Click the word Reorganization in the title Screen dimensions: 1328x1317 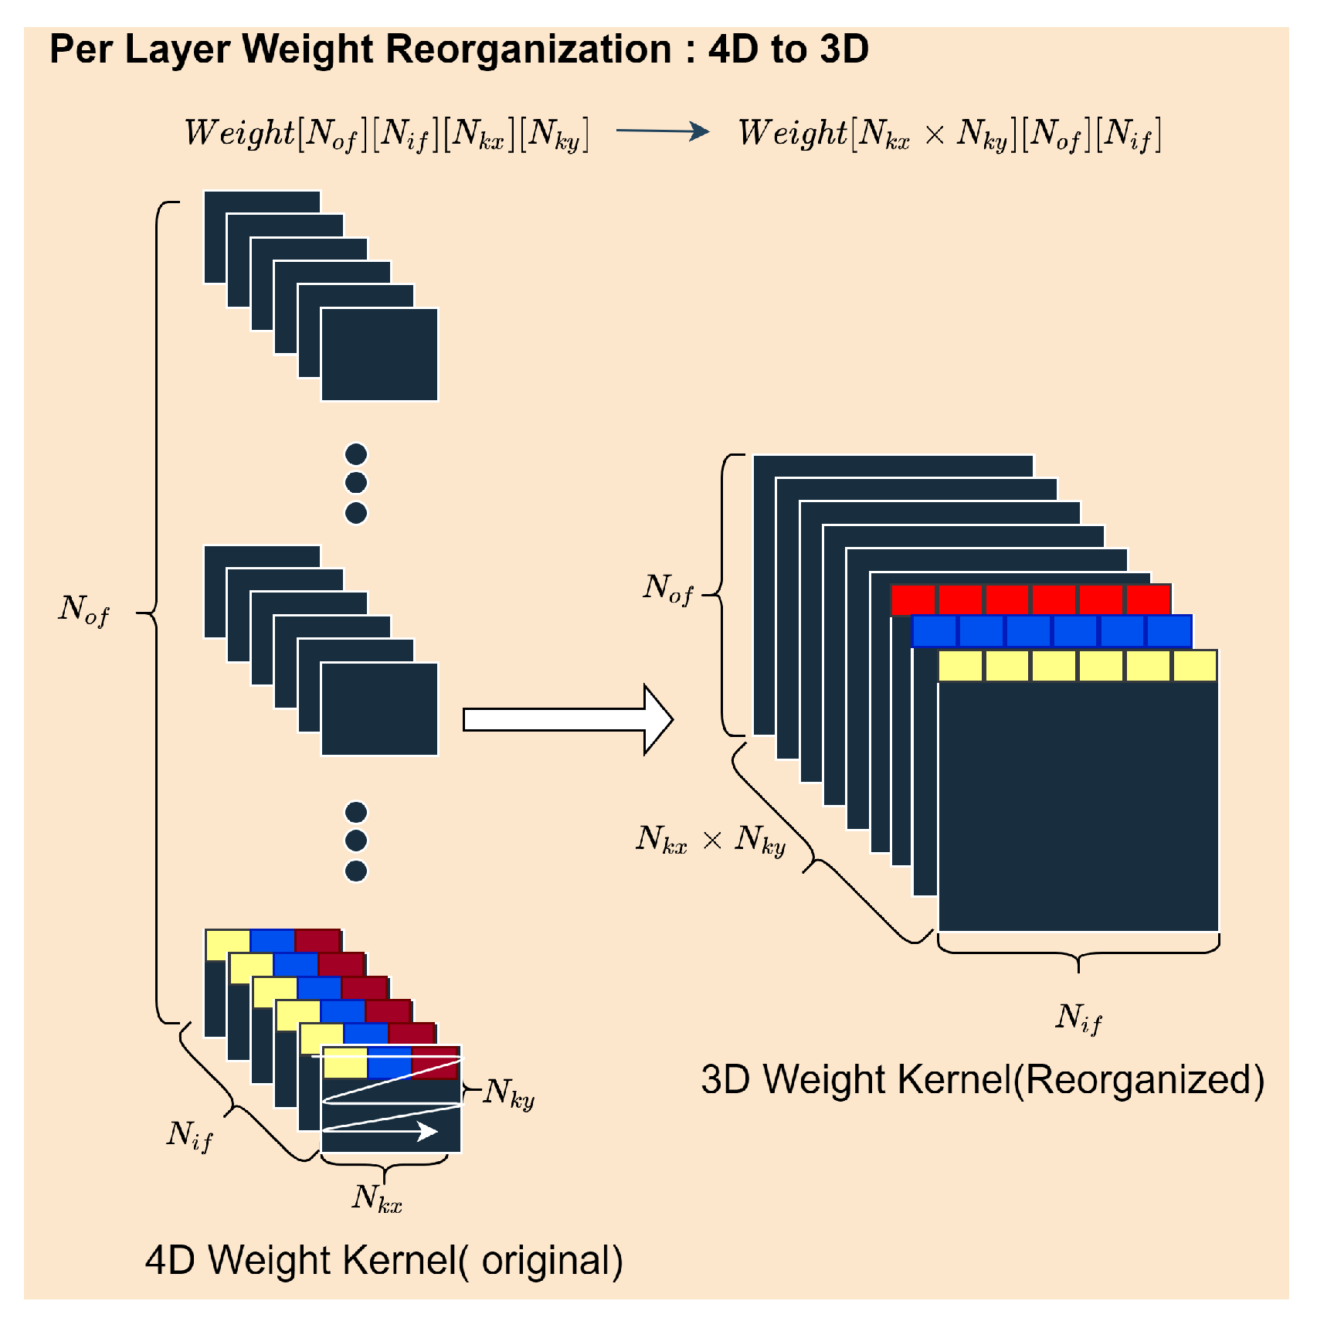pos(528,49)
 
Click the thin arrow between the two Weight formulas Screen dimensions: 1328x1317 pos(662,131)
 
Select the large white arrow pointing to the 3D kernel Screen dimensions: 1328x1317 pos(568,719)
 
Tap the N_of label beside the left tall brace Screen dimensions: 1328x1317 pos(84,610)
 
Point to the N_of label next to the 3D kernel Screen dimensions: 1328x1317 pos(668,589)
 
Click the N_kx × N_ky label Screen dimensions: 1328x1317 pos(711,841)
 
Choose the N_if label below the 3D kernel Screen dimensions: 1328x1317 pos(1078,1018)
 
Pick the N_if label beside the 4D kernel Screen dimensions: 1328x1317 pos(189,1136)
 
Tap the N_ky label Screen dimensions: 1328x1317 pos(509,1094)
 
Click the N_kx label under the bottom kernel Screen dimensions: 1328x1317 pos(378,1198)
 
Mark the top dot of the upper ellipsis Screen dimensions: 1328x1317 pos(356,453)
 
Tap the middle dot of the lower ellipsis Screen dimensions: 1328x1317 pos(356,841)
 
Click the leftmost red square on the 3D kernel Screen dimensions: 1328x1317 pos(914,599)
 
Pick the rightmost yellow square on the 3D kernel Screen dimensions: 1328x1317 pos(1195,666)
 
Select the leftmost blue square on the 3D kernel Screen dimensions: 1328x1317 pos(935,631)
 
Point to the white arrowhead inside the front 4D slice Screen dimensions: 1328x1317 pos(427,1132)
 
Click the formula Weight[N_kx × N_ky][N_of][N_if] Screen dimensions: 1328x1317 pos(949,134)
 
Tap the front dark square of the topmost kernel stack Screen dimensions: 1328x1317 pos(379,355)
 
